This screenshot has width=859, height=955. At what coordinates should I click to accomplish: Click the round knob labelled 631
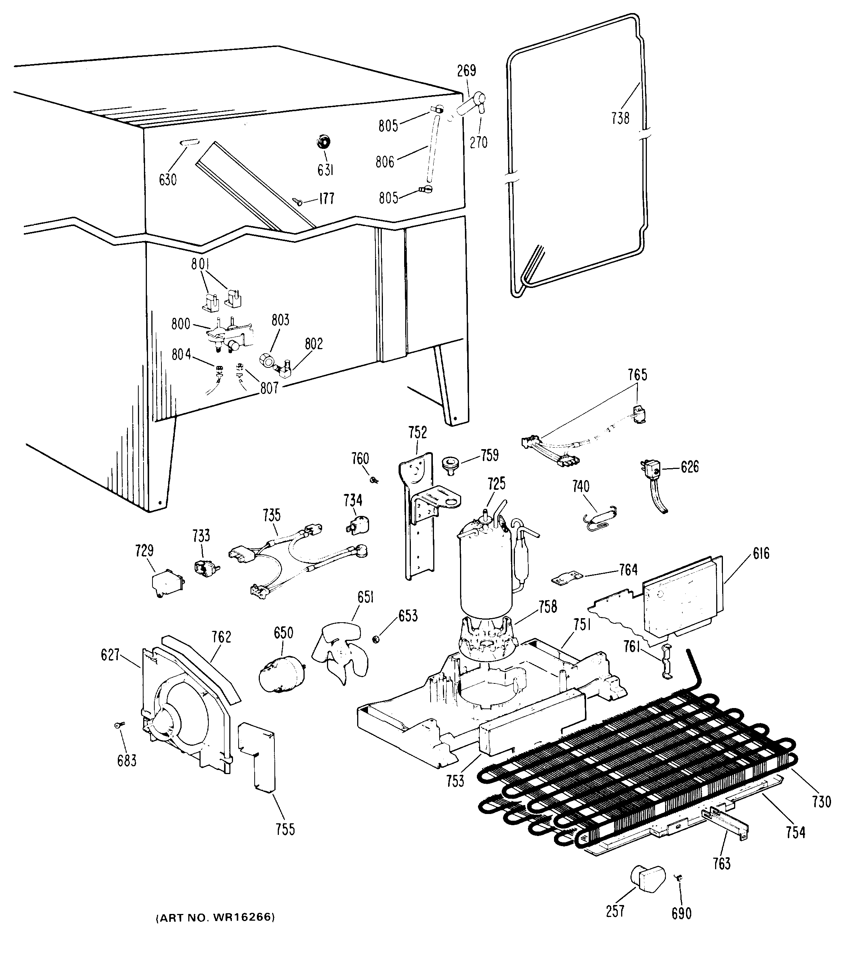323,141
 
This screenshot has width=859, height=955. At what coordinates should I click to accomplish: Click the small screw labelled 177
298,201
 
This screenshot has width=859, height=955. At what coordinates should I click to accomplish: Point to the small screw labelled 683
119,724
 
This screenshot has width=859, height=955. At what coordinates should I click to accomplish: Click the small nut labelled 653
377,639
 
